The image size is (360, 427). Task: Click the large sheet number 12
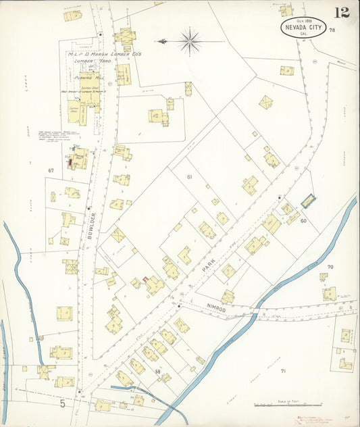tap(341, 12)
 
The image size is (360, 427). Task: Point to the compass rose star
tap(189, 41)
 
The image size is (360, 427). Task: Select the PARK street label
tap(211, 263)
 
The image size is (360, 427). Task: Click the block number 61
tap(190, 177)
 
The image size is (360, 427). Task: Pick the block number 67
tap(51, 170)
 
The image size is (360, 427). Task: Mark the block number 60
tap(304, 220)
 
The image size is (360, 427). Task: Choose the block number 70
tap(330, 267)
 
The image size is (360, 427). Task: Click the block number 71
tap(283, 371)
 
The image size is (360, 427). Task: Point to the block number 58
tap(157, 371)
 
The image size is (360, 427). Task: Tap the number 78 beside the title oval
tap(332, 30)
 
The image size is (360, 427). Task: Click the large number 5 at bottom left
tap(62, 404)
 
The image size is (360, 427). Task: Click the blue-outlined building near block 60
tap(309, 201)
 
